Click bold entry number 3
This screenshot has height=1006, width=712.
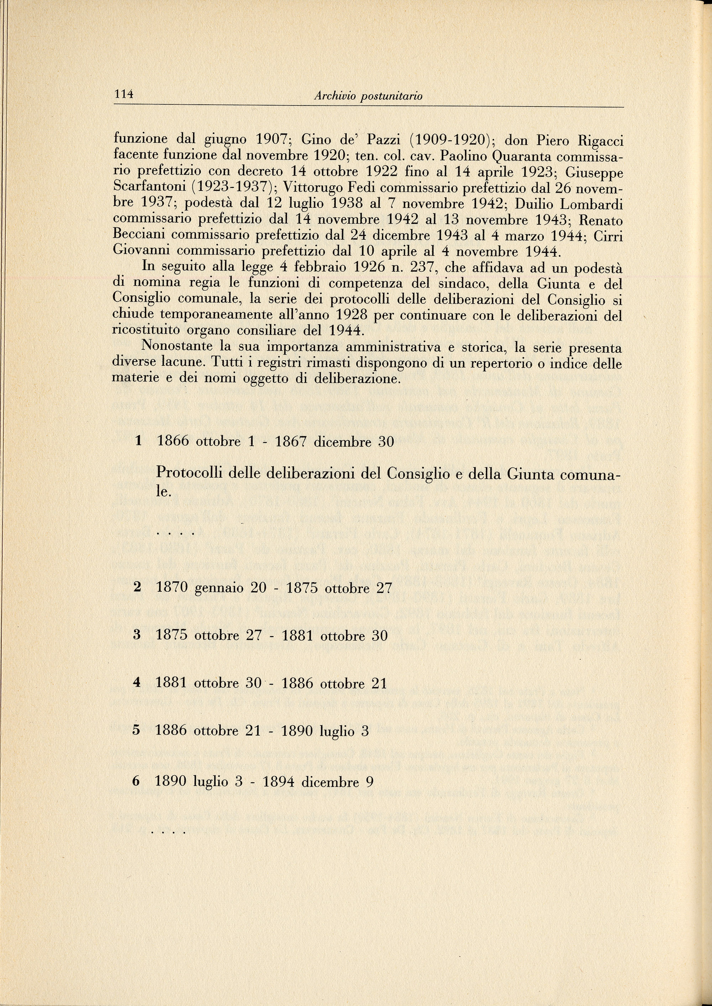coord(137,635)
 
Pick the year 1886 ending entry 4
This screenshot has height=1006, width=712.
coord(298,684)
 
